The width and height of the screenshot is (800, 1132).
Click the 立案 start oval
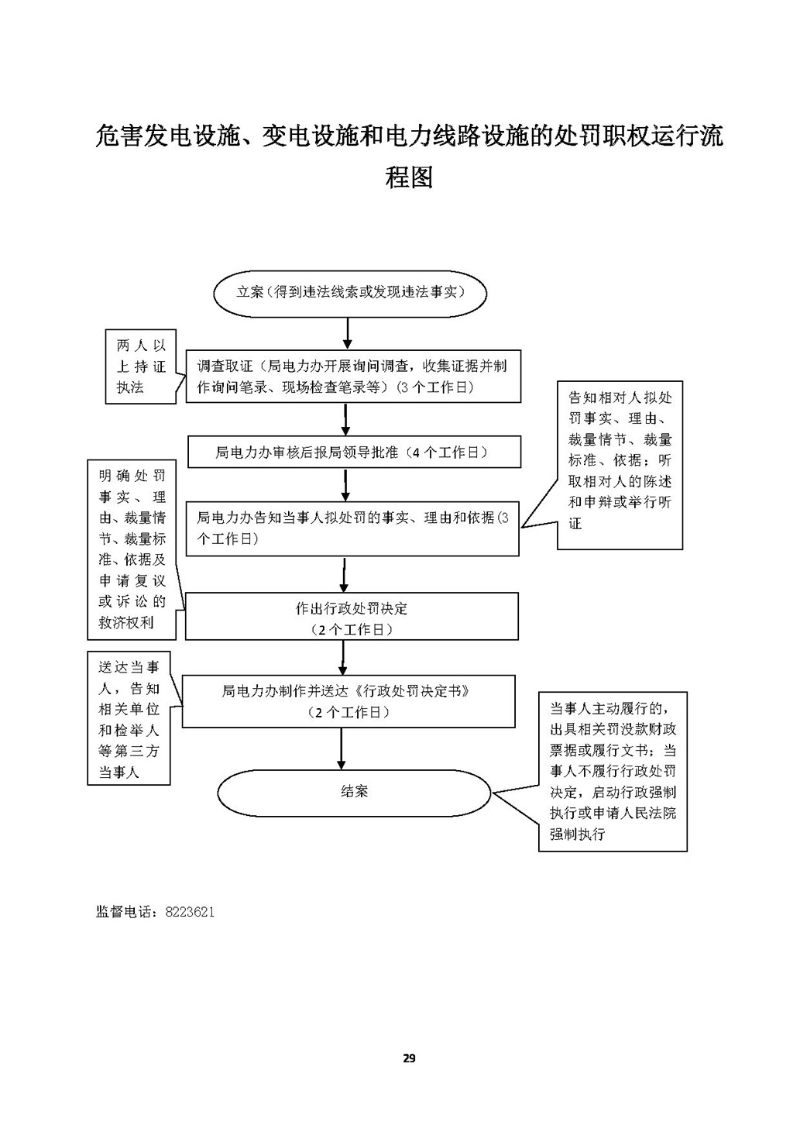tap(349, 293)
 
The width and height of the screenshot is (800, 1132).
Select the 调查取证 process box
tap(352, 376)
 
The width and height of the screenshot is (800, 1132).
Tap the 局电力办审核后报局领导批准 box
tap(354, 452)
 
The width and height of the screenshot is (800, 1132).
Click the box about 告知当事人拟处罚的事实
tap(352, 528)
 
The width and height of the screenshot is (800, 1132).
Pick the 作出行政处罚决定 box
tap(352, 617)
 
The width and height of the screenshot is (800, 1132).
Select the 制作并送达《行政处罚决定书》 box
tap(348, 700)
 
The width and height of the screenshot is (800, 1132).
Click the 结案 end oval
tap(354, 792)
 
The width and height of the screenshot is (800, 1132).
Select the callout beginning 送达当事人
tap(129, 720)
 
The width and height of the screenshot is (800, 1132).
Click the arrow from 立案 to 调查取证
tap(348, 332)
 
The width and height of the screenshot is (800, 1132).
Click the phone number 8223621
tap(190, 912)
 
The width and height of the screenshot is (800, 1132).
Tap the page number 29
tap(410, 1058)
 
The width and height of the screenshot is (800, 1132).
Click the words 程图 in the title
tap(409, 177)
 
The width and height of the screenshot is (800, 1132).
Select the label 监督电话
tap(126, 912)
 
